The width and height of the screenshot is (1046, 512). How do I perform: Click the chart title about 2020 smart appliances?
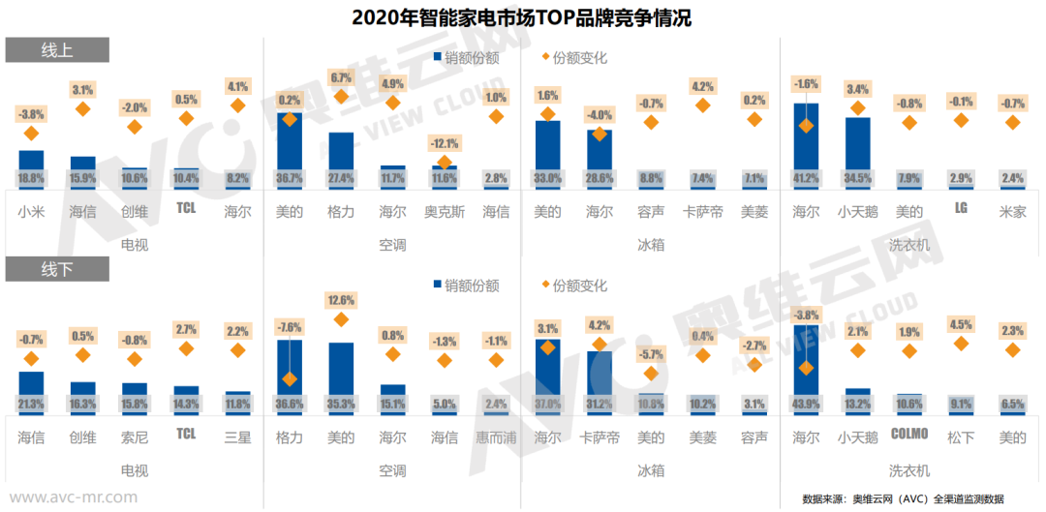(522, 17)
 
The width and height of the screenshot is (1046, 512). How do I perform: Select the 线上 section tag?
(57, 50)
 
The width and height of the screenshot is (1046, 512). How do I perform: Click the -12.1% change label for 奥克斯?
(445, 144)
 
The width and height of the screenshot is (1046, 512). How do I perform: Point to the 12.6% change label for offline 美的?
(342, 300)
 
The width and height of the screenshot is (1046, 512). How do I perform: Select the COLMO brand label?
(909, 435)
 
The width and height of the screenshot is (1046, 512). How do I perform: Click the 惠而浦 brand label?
(496, 437)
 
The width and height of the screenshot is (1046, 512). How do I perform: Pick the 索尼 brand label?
(135, 437)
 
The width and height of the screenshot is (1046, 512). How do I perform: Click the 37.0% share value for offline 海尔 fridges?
(548, 404)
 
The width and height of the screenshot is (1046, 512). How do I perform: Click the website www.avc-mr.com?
(74, 497)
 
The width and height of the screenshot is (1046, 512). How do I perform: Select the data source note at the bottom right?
(903, 498)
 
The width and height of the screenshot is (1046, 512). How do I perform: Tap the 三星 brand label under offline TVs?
(238, 437)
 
